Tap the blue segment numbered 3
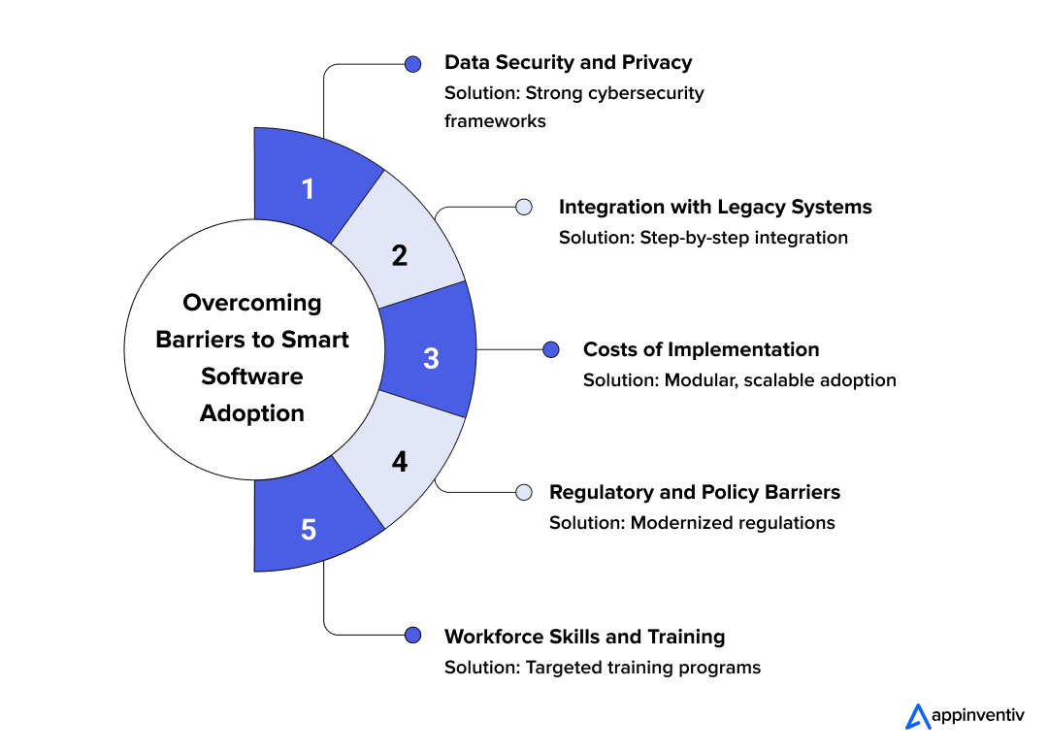[x=429, y=349]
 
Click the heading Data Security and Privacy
[x=568, y=62]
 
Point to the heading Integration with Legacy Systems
[x=715, y=207]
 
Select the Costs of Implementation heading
[x=702, y=349]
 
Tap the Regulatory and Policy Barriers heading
[x=695, y=492]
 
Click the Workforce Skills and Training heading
[x=585, y=637]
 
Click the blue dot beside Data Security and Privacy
[x=413, y=64]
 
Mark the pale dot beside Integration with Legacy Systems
[x=524, y=207]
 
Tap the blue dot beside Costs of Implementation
[x=551, y=349]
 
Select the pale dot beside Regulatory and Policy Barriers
[x=524, y=492]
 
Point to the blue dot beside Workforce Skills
[x=413, y=635]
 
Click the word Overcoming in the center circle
[x=252, y=304]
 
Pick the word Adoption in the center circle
[x=252, y=413]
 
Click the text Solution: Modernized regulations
[x=693, y=522]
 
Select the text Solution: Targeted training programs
[x=603, y=668]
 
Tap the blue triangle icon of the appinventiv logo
[x=918, y=717]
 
